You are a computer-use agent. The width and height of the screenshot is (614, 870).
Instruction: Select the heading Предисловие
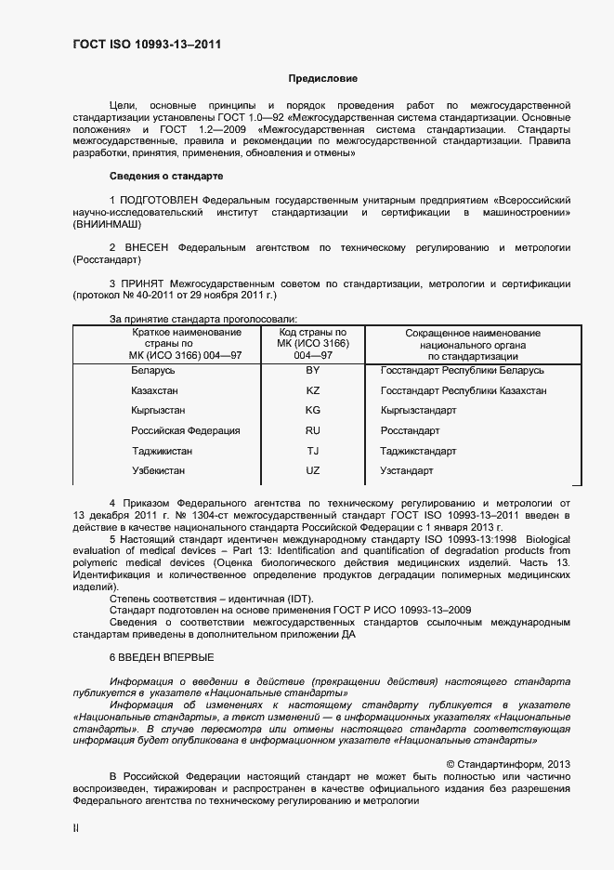322,80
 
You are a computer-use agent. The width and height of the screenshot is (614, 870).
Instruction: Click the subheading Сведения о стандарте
165,175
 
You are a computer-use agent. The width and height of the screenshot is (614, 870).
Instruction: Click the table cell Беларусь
153,370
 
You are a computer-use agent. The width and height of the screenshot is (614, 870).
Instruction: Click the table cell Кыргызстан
158,410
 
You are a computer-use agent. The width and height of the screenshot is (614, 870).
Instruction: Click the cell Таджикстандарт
418,451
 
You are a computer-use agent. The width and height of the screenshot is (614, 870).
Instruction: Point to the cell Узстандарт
407,471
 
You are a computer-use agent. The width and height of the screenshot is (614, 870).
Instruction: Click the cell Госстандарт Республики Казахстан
464,390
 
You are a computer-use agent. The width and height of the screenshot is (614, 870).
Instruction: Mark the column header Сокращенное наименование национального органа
472,344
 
